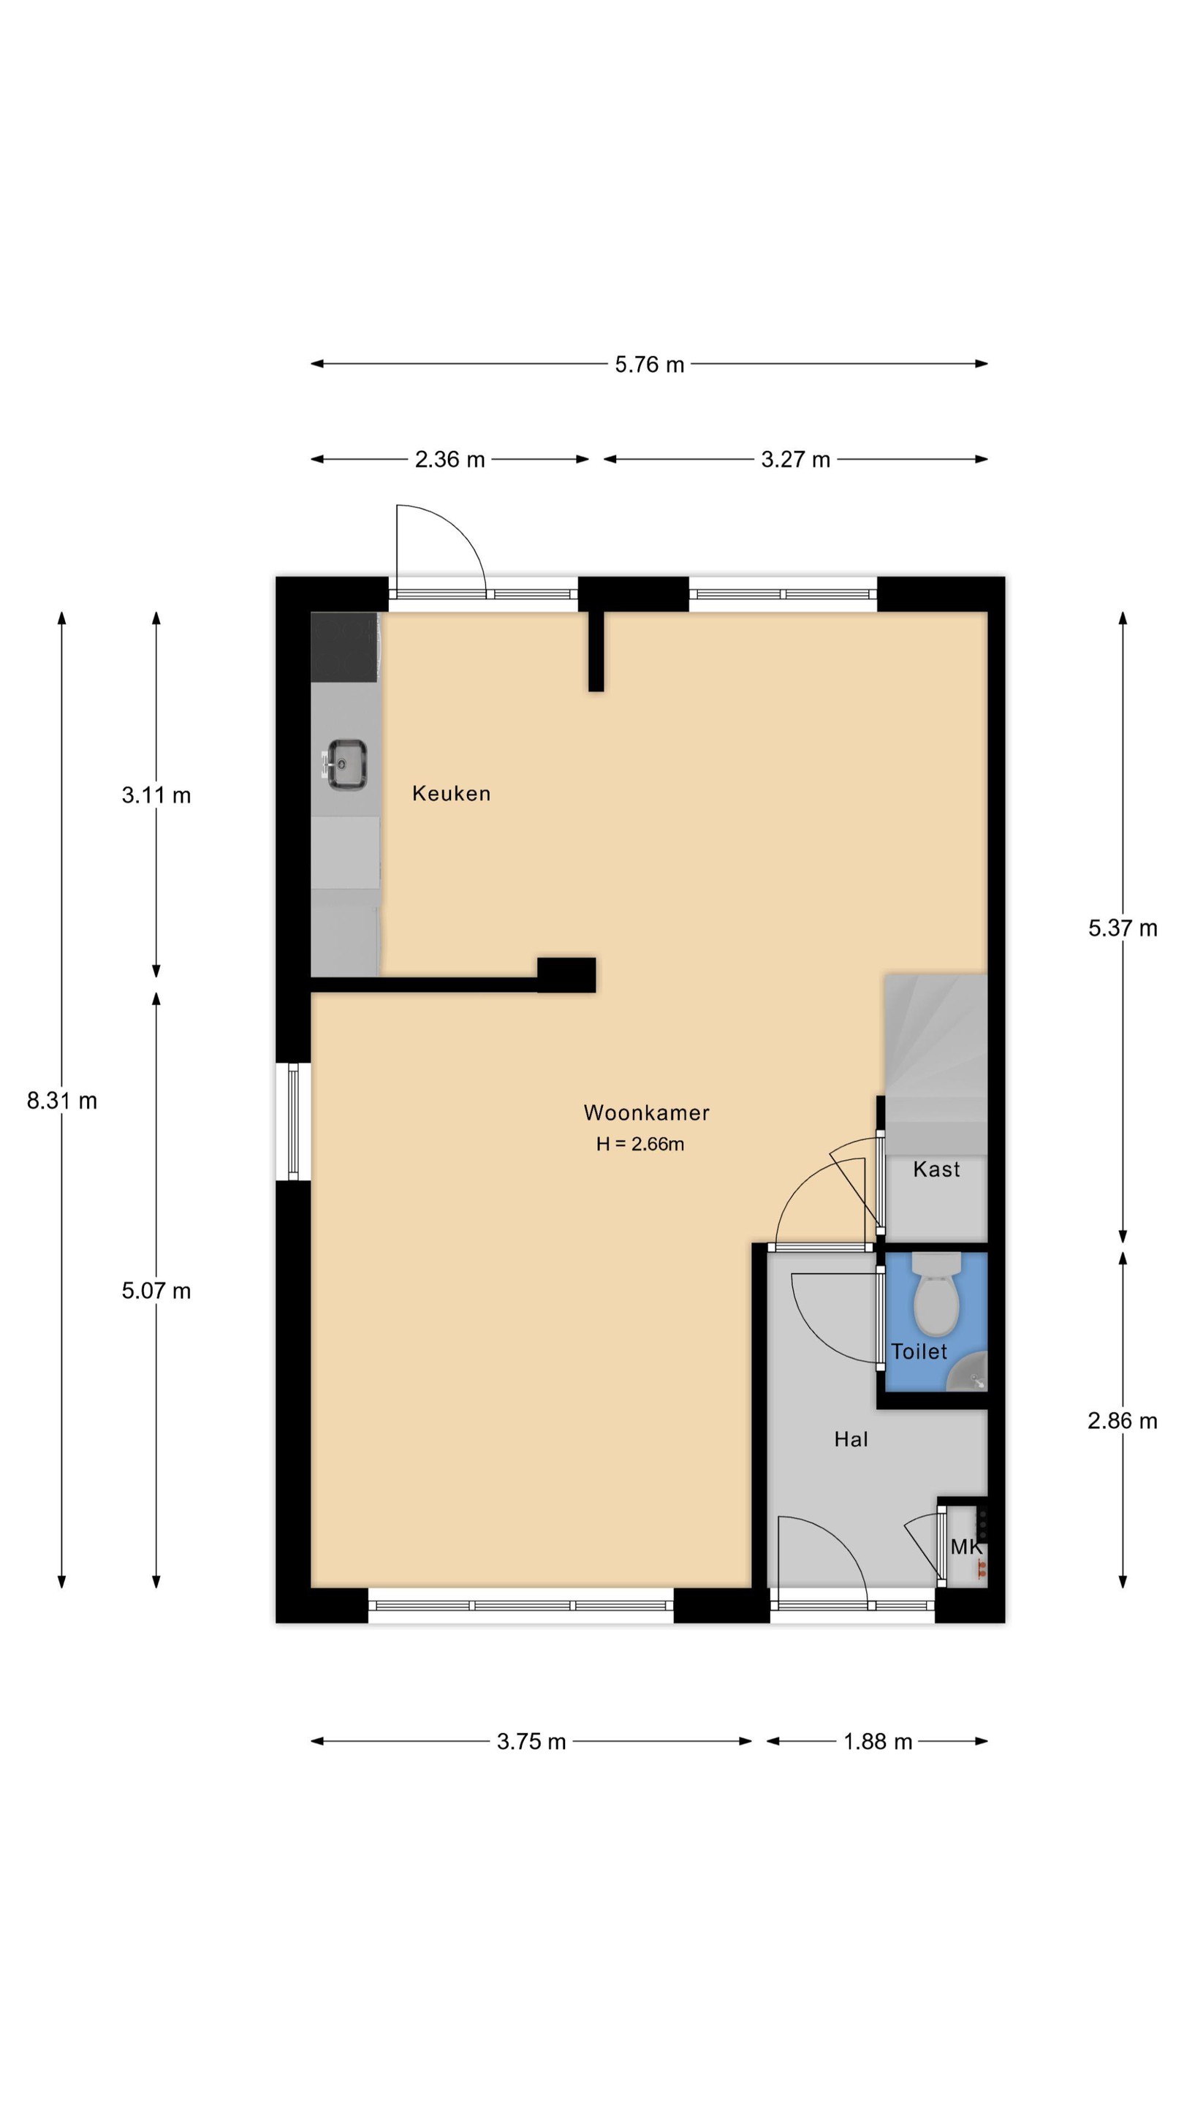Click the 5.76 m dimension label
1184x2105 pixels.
(649, 364)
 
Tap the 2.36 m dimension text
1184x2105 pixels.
(449, 459)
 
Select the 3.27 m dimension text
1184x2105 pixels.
(795, 459)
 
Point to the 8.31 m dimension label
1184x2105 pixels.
(62, 1101)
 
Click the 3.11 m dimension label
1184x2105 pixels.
(156, 795)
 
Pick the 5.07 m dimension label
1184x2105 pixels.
(156, 1290)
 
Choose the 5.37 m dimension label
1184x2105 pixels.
(1123, 928)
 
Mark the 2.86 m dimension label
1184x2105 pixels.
(1123, 1420)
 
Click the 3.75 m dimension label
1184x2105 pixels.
(531, 1741)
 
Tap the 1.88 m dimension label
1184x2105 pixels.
(878, 1741)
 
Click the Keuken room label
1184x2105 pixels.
(451, 794)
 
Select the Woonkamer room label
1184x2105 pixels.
(646, 1112)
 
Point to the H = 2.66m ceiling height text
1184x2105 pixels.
(640, 1144)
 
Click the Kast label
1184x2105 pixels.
(936, 1169)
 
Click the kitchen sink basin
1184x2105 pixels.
(346, 764)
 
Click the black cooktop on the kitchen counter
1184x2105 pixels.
(344, 647)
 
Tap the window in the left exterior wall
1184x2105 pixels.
(293, 1121)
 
